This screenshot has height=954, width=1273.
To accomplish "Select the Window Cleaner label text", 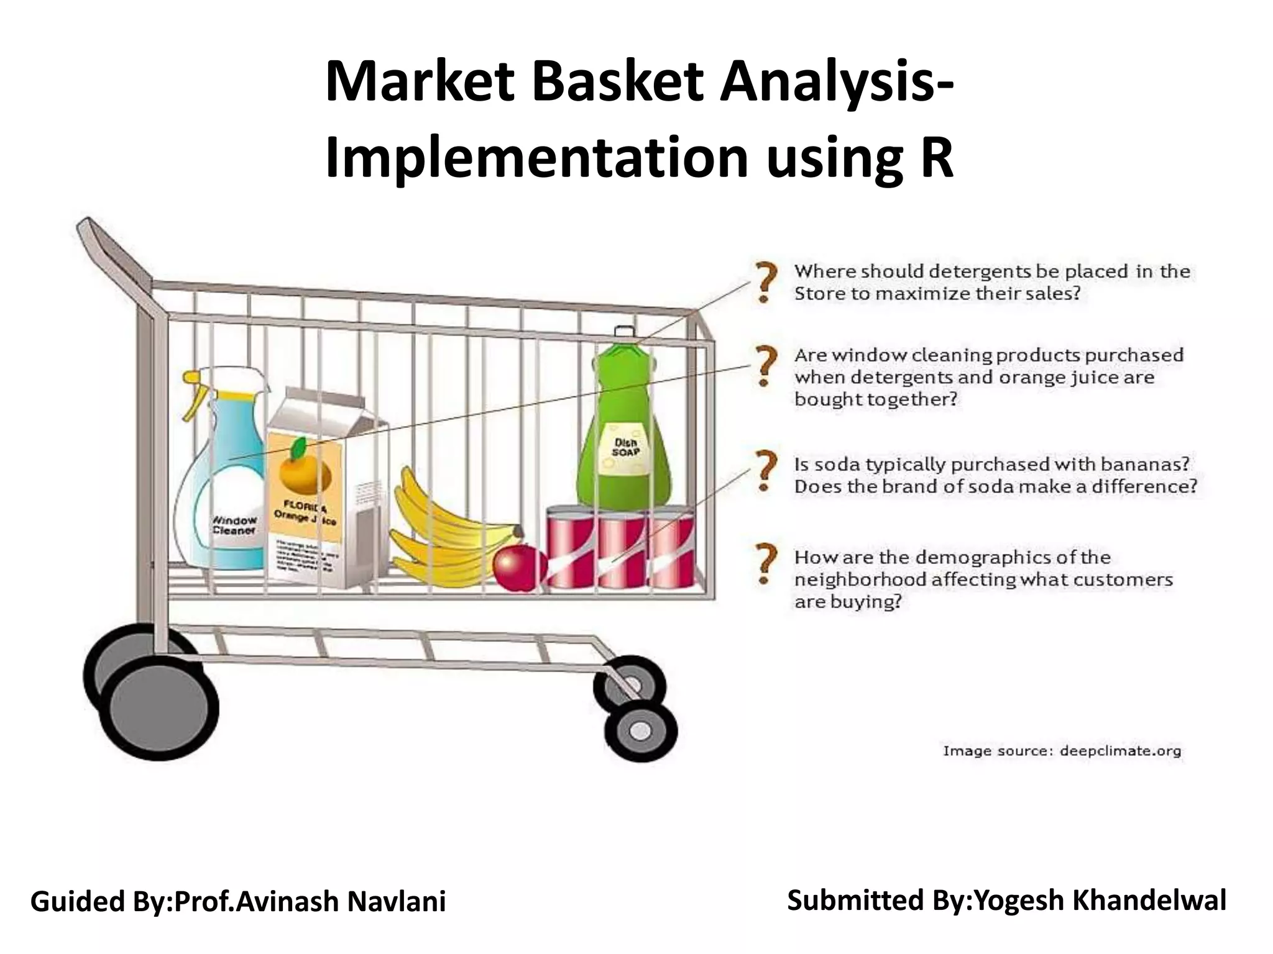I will [234, 525].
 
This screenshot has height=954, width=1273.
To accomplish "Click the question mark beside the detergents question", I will [766, 281].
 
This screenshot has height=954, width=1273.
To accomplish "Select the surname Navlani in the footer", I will [396, 902].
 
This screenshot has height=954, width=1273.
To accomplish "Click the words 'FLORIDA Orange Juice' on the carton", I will [305, 512].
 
